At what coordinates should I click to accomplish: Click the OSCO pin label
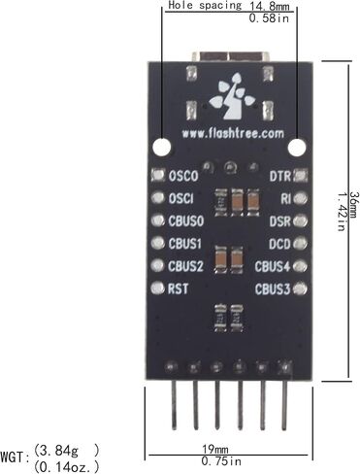pos(183,176)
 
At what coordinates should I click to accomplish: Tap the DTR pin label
pos(280,176)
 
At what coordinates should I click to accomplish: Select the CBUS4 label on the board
pos(272,266)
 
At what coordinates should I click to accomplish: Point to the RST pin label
pos(178,288)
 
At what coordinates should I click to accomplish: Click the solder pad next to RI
pos(300,198)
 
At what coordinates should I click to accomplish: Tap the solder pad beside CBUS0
pos(158,220)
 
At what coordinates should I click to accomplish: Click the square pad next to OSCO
pos(158,175)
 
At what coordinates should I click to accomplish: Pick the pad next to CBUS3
pos(300,288)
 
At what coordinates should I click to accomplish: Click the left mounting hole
pos(162,148)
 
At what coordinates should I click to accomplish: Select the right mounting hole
pos(297,148)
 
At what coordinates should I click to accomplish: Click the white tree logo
pos(232,96)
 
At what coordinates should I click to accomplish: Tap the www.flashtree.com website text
pos(233,133)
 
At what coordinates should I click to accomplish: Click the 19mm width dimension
pos(215,449)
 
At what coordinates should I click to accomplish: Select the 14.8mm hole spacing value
pos(270,6)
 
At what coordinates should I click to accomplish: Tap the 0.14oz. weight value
pos(67,466)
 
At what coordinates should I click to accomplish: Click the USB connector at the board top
pos(230,56)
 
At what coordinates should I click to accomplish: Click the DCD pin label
pos(279,244)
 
